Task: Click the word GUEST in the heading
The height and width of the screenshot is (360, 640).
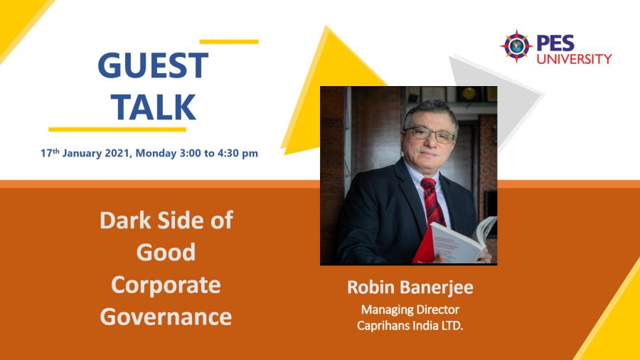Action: coord(153,65)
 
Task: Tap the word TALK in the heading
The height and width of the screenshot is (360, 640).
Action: coord(154,107)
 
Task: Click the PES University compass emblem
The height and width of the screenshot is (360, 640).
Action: coord(516,46)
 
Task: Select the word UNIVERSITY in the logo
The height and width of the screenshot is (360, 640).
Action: coord(575,59)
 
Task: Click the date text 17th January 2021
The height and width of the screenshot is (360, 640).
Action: coord(86,153)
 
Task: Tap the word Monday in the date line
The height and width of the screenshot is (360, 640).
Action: coord(156,154)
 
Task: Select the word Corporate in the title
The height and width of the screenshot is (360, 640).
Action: coord(166,285)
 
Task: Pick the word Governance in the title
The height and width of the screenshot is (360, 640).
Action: coord(166,317)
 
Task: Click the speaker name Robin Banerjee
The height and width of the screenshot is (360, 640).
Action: coord(410,287)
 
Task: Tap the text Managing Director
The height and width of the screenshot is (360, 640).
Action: coord(410,309)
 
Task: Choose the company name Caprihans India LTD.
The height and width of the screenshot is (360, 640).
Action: coord(410,326)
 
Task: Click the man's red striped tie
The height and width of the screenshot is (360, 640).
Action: coord(434,202)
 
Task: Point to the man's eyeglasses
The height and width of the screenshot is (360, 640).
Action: coord(430,134)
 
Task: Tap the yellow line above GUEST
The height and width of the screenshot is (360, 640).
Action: coord(229,42)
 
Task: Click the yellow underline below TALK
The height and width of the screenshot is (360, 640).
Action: coord(117,129)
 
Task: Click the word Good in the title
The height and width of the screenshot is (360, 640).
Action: coord(166,253)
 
